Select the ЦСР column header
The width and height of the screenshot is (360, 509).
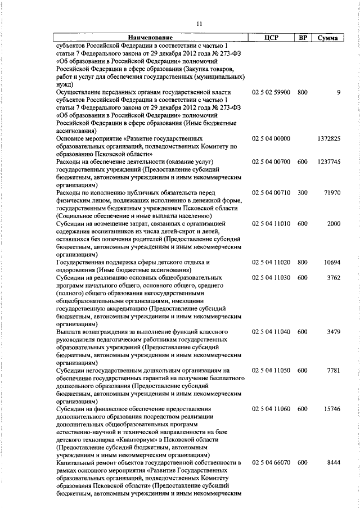[271, 38]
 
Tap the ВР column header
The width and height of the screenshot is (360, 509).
[303, 38]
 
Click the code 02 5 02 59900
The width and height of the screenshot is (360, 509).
[271, 92]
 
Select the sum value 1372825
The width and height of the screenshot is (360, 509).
[328, 138]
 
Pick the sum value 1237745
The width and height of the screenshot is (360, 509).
[328, 161]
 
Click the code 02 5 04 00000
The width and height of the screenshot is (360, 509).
[271, 138]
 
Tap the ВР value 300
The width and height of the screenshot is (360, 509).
[303, 192]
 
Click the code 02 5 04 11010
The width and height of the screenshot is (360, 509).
[271, 223]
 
